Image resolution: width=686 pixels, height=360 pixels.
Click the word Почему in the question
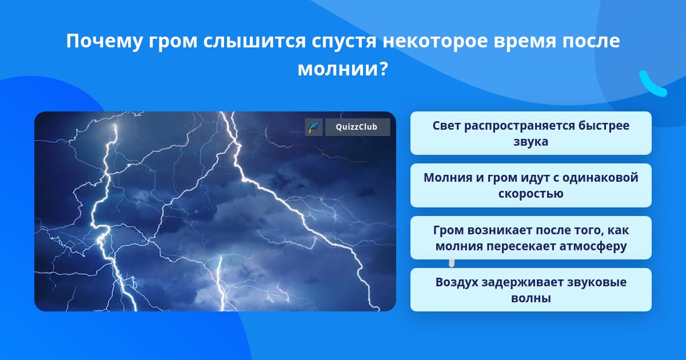105,41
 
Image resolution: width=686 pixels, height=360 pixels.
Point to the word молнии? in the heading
343,69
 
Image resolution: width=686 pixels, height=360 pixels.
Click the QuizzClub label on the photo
357,127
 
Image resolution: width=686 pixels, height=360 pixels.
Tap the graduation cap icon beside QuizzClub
314,127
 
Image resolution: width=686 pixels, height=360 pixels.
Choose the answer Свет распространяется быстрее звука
531,133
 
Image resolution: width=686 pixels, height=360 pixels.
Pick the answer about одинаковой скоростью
531,186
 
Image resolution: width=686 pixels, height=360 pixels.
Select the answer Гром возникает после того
531,238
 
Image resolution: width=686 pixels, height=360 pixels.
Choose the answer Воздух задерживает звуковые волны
531,290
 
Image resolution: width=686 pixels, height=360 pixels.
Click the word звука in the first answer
531,142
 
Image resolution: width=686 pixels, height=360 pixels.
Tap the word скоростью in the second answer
531,194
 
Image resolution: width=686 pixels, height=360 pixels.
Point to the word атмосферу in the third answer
593,246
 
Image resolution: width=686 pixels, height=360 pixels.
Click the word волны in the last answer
531,298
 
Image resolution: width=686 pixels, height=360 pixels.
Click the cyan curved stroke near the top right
652,85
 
